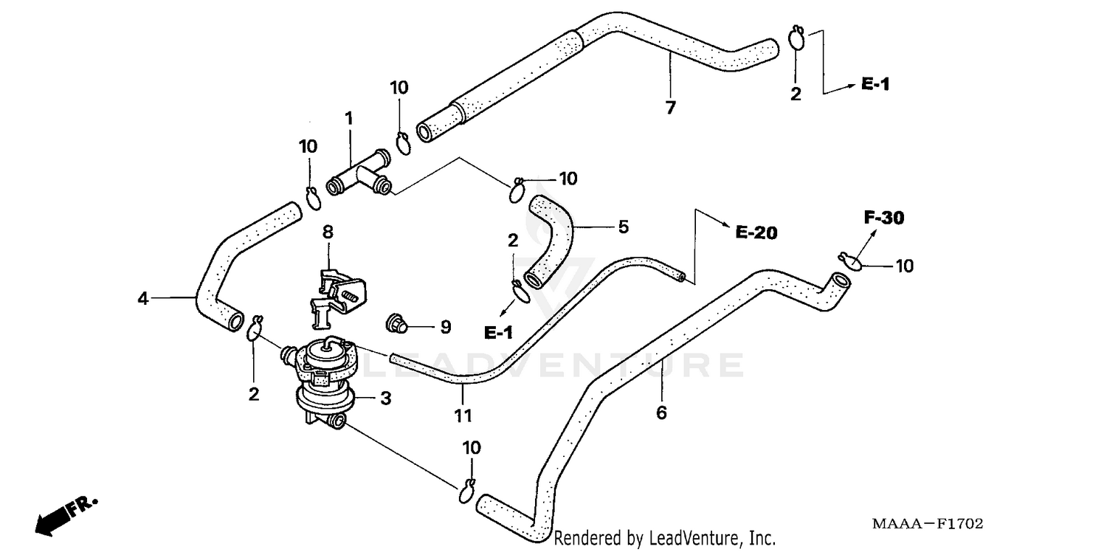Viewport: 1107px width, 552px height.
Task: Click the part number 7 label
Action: pyautogui.click(x=670, y=108)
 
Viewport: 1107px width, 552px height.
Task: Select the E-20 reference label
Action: pyautogui.click(x=756, y=232)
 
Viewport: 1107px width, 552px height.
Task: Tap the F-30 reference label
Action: pyautogui.click(x=884, y=218)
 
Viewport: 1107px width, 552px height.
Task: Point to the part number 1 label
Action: pyautogui.click(x=348, y=118)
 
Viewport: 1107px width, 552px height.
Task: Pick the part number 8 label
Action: pyautogui.click(x=328, y=232)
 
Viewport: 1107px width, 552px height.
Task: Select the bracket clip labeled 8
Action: pyautogui.click(x=337, y=295)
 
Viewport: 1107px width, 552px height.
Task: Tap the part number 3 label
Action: pyautogui.click(x=385, y=399)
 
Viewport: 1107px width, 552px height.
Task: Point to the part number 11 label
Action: pyautogui.click(x=463, y=415)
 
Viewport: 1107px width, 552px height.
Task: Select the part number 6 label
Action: pyautogui.click(x=661, y=413)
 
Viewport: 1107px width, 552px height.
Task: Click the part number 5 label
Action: pyautogui.click(x=623, y=227)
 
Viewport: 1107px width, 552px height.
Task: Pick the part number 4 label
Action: pyautogui.click(x=143, y=299)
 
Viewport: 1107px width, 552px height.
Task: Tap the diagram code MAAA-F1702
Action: pyautogui.click(x=928, y=524)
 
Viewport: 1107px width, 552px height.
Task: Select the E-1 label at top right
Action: pyautogui.click(x=875, y=85)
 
